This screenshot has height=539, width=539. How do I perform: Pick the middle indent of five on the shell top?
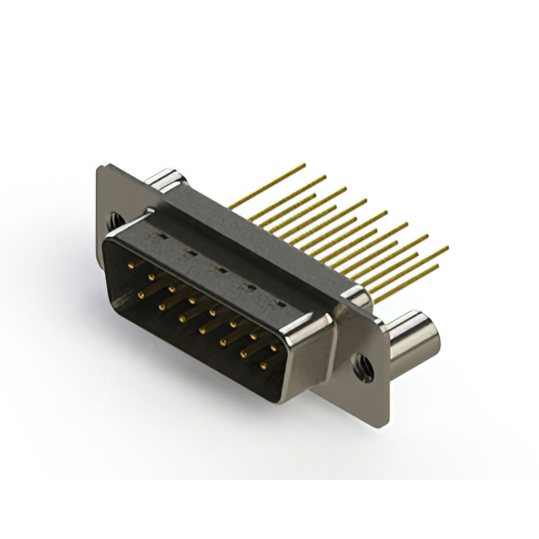coord(221,269)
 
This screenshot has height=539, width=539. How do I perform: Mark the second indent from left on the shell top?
coord(190,253)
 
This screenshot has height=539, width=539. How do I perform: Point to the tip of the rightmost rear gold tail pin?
coord(447,248)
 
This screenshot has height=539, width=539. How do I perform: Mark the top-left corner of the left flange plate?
coord(101,168)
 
